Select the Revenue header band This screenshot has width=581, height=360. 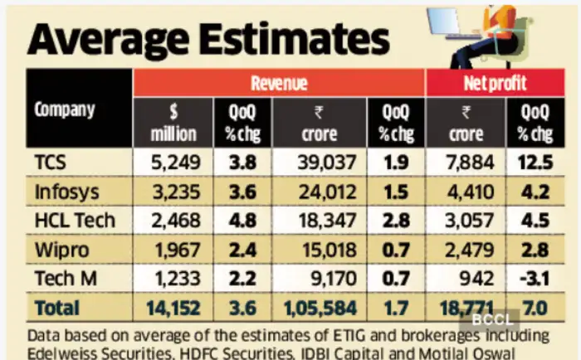[x=279, y=84]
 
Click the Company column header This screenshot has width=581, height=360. [x=65, y=109]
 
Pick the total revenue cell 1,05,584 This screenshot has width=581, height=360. [x=320, y=309]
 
